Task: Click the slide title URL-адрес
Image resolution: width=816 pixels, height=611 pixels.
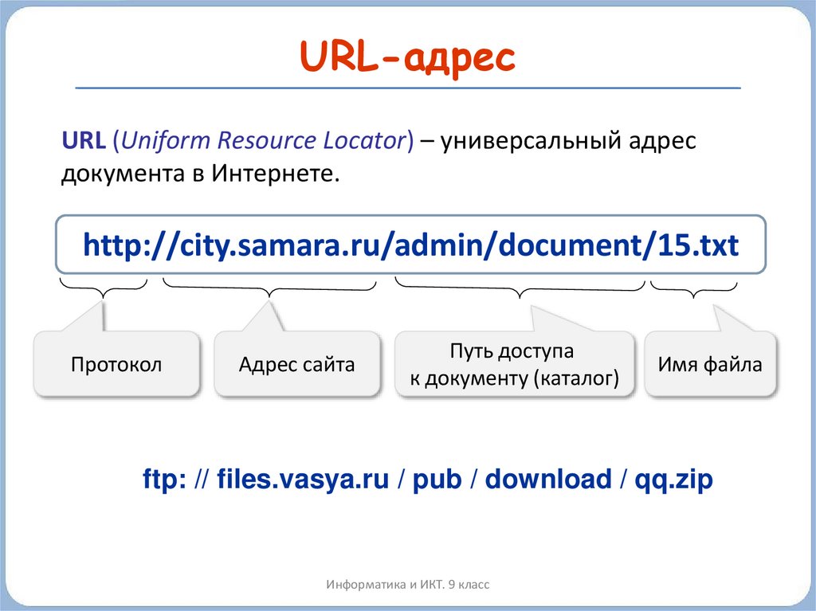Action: tap(407, 57)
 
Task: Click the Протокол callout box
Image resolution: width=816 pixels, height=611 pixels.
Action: tap(116, 365)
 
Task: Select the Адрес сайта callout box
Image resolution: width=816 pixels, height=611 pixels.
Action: tap(296, 365)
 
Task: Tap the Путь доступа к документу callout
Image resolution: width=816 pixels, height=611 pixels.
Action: tap(514, 365)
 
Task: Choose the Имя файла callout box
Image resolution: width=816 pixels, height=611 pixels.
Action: tap(709, 365)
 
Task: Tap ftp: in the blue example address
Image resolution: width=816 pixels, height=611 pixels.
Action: tap(163, 480)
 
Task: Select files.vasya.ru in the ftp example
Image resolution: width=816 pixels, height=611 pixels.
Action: tap(303, 480)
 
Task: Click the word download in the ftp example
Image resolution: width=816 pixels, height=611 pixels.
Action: tap(547, 480)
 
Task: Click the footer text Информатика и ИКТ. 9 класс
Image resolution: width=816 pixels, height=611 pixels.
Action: tap(407, 585)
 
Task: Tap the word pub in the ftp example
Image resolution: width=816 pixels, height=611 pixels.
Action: tap(437, 480)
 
